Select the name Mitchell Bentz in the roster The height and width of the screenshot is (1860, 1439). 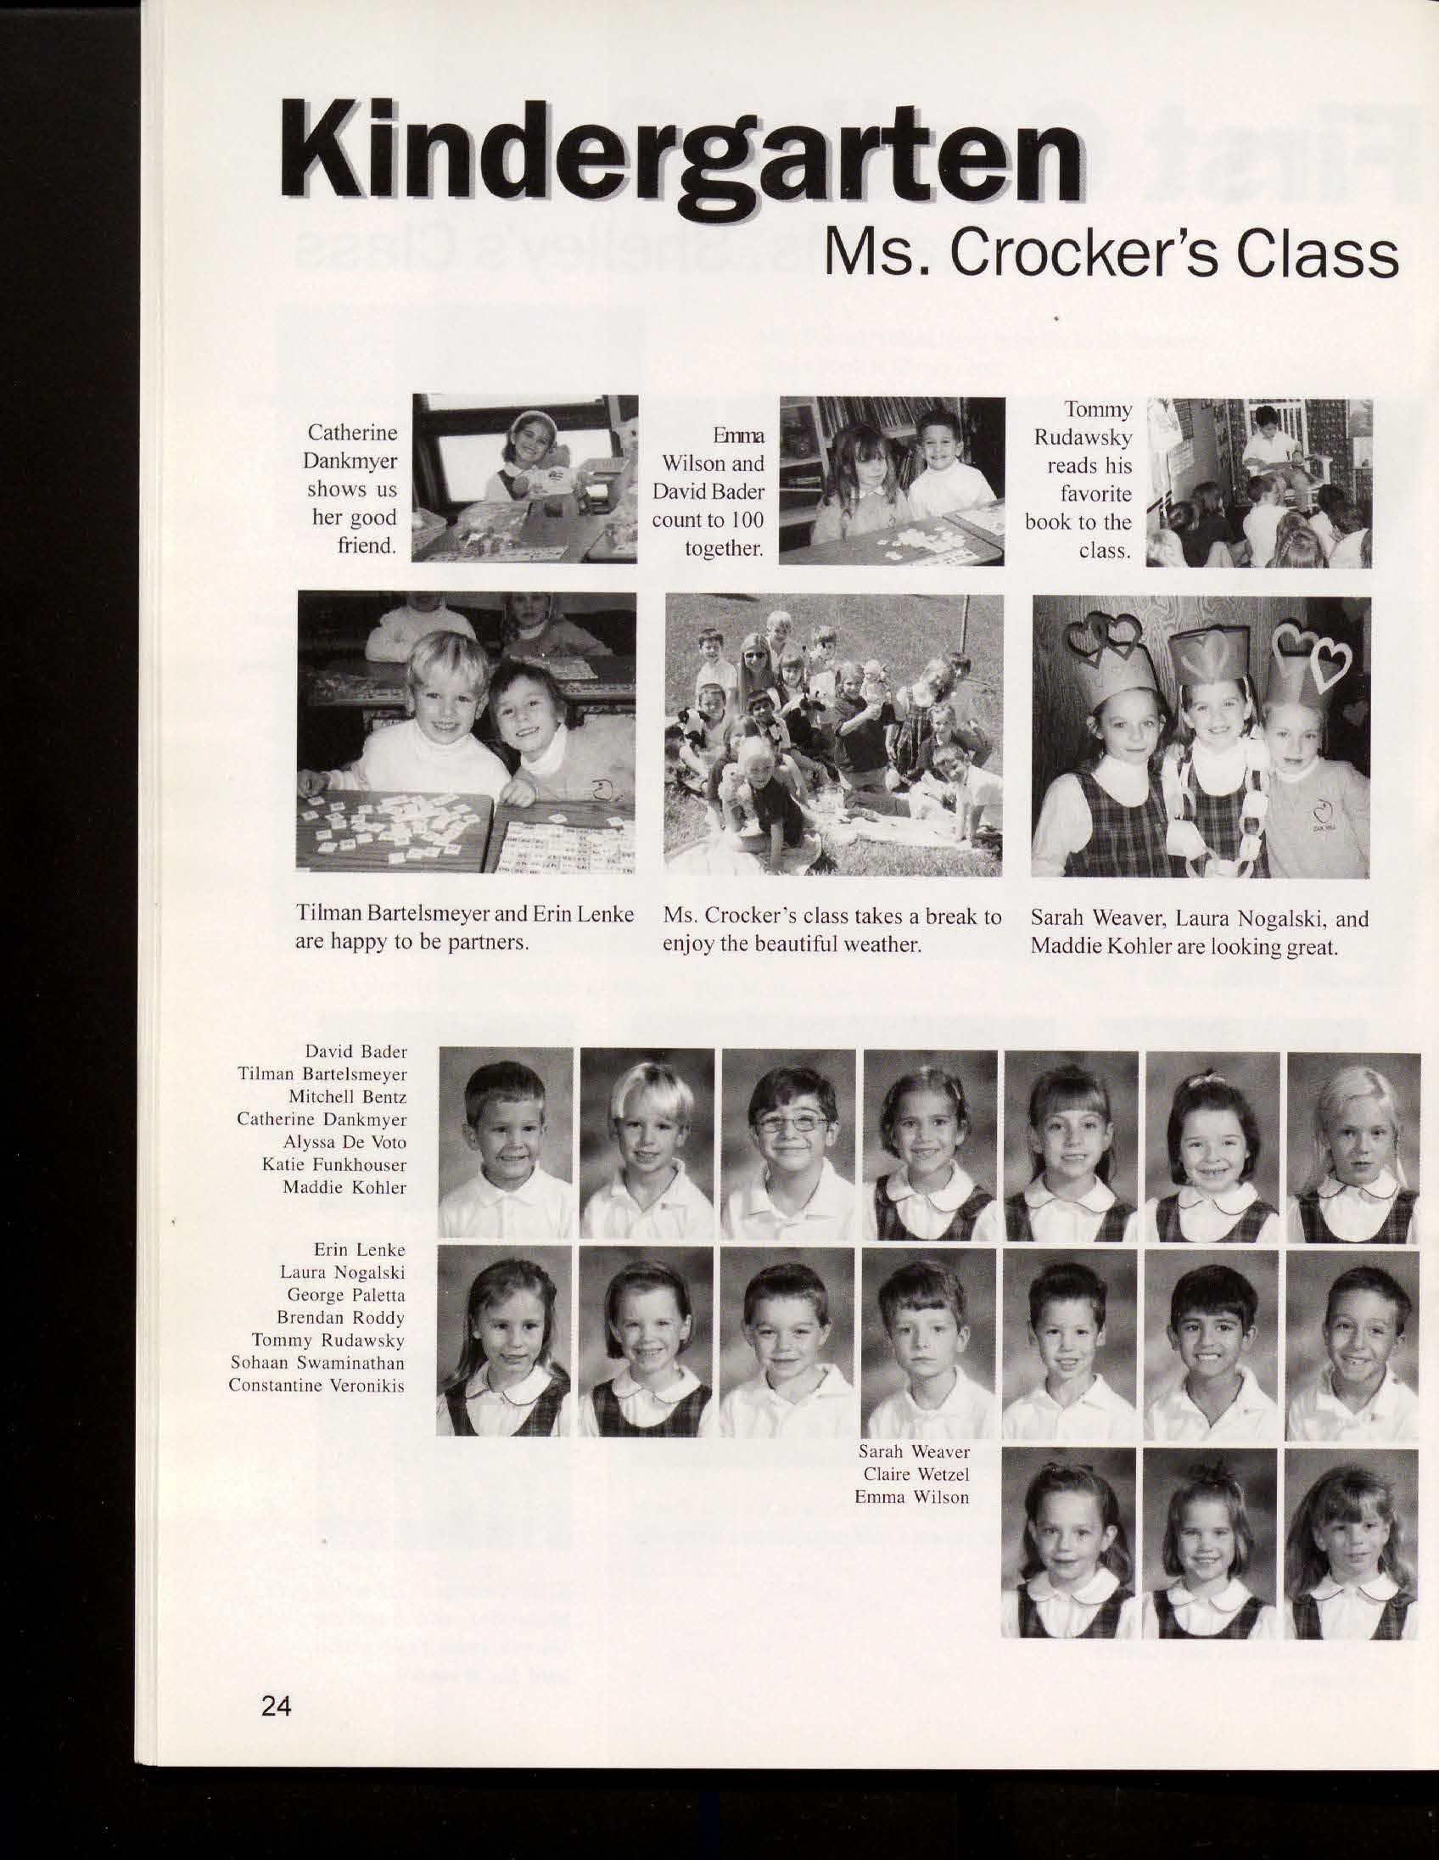coord(347,1097)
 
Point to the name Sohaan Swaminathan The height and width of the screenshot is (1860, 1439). coord(317,1363)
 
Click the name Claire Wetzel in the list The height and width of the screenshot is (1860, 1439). coord(915,1474)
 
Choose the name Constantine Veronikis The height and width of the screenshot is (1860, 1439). coord(316,1385)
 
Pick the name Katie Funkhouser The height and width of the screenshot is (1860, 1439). coord(333,1164)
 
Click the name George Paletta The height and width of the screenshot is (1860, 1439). coord(345,1297)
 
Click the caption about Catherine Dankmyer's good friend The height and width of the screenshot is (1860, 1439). coord(352,489)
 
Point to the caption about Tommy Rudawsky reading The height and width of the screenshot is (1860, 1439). coord(1078,480)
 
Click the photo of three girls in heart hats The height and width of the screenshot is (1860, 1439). coord(1200,737)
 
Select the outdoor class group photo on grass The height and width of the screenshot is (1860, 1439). coord(832,734)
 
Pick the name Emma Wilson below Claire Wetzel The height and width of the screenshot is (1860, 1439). coord(912,1497)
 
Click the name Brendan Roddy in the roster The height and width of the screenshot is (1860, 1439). coord(340,1319)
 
